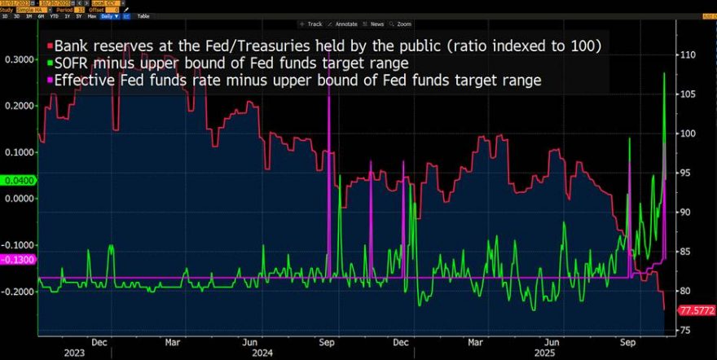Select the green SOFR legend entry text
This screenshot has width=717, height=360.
tap(236, 63)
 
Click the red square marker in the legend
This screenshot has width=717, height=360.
tap(50, 46)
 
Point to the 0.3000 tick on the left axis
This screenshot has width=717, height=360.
tap(18, 59)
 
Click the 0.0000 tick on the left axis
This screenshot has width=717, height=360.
tap(18, 198)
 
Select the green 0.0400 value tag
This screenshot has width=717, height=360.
tap(18, 179)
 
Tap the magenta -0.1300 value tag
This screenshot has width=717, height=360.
tap(18, 259)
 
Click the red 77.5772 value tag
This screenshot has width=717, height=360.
tap(697, 310)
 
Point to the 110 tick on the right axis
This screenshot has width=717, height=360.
tap(689, 55)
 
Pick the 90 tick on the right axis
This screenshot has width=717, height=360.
tap(687, 213)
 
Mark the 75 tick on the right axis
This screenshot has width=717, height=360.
tap(687, 330)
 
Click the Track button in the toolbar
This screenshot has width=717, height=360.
tap(312, 24)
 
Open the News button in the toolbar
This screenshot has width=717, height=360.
tap(391, 24)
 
